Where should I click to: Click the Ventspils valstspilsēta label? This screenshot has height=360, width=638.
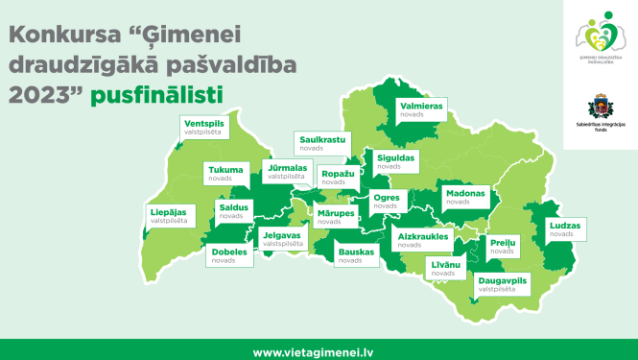205,128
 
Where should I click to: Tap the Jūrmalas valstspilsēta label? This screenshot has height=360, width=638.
286,171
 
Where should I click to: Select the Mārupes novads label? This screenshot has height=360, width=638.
336,216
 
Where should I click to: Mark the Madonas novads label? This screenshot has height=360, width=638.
466,197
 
